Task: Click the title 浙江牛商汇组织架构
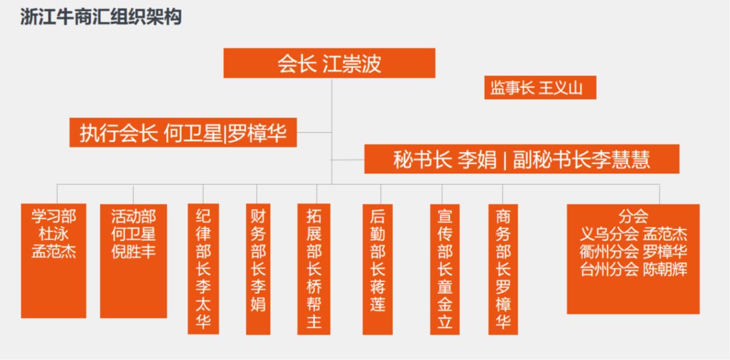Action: coord(101,18)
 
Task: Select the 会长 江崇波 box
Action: coord(329,63)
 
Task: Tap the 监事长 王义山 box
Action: coord(540,88)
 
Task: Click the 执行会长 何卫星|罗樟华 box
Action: coord(183,133)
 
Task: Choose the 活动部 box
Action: coord(133,260)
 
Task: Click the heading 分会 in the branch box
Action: coord(633,216)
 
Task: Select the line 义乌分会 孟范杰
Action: coord(633,234)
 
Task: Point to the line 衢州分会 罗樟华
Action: coord(633,251)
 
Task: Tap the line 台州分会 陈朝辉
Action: coord(633,269)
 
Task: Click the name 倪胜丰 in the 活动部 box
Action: coord(133,251)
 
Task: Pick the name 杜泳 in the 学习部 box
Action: coord(54,234)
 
